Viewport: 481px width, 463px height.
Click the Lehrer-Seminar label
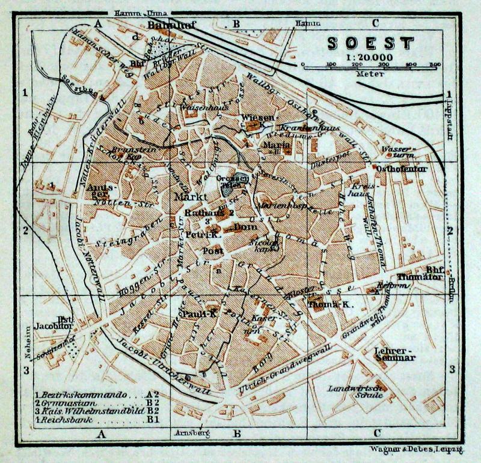tap(394, 353)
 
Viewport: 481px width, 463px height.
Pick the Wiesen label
tap(257, 117)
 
